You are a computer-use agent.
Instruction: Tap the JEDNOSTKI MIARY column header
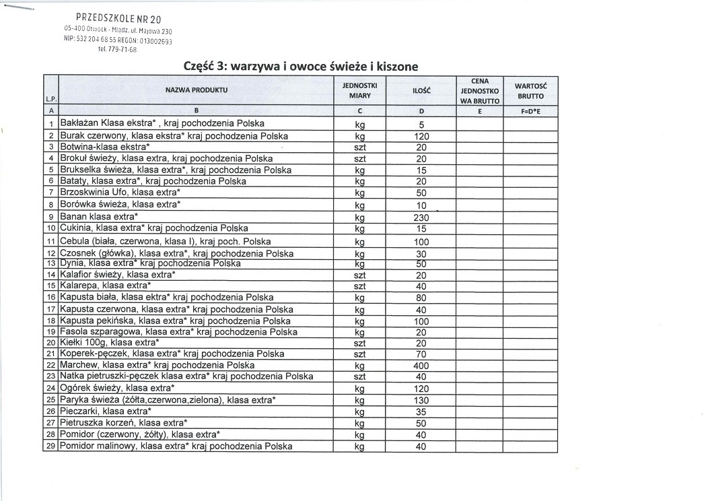tap(360, 90)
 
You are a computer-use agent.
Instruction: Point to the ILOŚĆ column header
tap(421, 90)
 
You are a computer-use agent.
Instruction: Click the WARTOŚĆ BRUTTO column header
tap(530, 90)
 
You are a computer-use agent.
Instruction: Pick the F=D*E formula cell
tap(530, 111)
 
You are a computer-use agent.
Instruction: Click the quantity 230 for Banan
tap(421, 218)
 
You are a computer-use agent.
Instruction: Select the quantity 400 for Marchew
tap(421, 366)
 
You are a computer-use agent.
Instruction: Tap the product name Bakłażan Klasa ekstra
tap(162, 124)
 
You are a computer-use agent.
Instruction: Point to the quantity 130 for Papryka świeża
tap(421, 400)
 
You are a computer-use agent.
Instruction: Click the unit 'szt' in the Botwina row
tap(360, 147)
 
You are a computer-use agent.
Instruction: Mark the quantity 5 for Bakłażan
tap(421, 125)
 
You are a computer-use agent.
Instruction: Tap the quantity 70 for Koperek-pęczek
tap(421, 354)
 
